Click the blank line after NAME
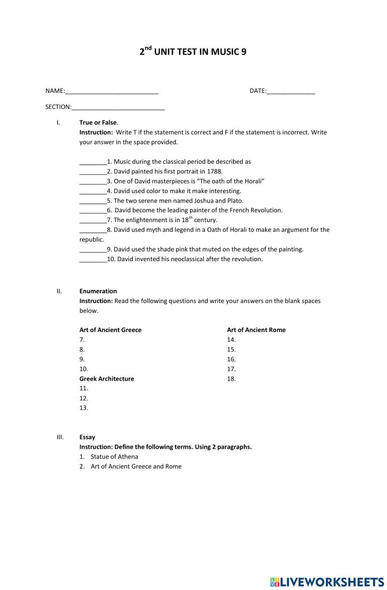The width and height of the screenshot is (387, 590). pos(111,92)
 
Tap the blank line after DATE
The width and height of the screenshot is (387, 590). pos(291,92)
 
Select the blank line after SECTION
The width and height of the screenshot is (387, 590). pos(118,108)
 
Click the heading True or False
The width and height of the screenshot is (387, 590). pos(98,123)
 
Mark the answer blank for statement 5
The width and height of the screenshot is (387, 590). pos(93,201)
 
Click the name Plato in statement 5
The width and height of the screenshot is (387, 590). pos(235,201)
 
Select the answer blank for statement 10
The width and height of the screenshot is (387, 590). pos(93,260)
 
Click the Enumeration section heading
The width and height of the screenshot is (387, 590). pos(98,291)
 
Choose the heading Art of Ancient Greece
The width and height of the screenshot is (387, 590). pos(110,330)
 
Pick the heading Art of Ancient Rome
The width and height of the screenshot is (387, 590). pos(256,330)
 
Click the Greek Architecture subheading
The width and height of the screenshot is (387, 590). pos(106,379)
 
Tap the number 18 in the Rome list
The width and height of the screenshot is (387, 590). pos(231,379)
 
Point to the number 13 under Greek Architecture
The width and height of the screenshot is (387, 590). pos(84,408)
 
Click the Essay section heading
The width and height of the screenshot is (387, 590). pos(87,437)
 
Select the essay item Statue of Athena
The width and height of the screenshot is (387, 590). pos(114,457)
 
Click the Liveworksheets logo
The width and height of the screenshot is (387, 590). pos(327,581)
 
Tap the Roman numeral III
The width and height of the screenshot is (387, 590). pos(60,437)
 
